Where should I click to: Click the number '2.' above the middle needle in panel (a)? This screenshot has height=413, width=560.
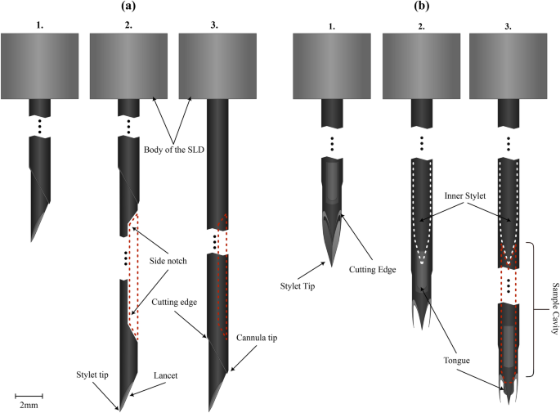point(127,25)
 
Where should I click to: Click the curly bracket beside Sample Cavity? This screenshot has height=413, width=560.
point(533,309)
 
